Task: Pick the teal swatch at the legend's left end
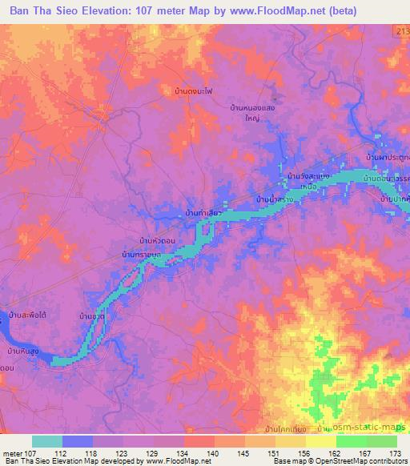(x=47, y=441)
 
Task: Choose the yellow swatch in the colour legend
(x=321, y=441)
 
